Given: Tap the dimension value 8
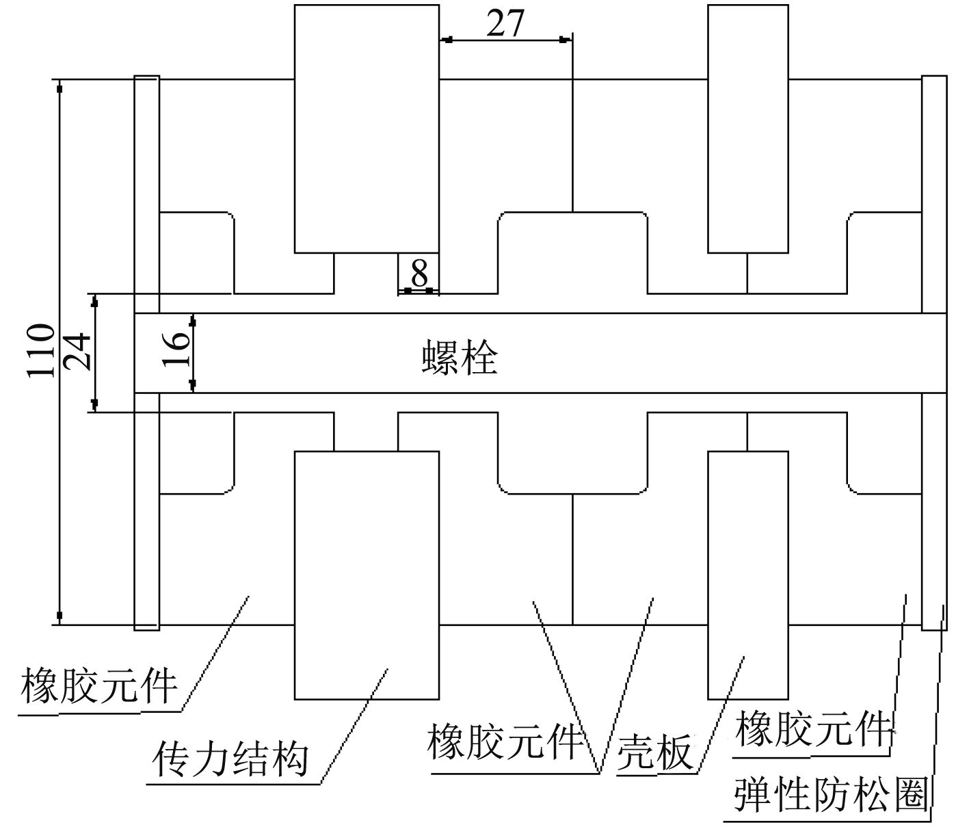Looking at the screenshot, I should point(419,273).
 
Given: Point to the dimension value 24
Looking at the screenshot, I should point(77,351).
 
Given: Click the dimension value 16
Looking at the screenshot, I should point(177,351).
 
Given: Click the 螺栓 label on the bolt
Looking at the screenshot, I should point(459,357).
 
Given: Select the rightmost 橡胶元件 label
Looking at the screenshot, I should point(813,729).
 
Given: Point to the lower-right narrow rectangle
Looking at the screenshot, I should point(747,575).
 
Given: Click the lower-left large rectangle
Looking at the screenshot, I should point(366,575).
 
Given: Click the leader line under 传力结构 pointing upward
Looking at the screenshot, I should point(354,725).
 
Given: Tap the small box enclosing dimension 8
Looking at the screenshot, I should point(418,274).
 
